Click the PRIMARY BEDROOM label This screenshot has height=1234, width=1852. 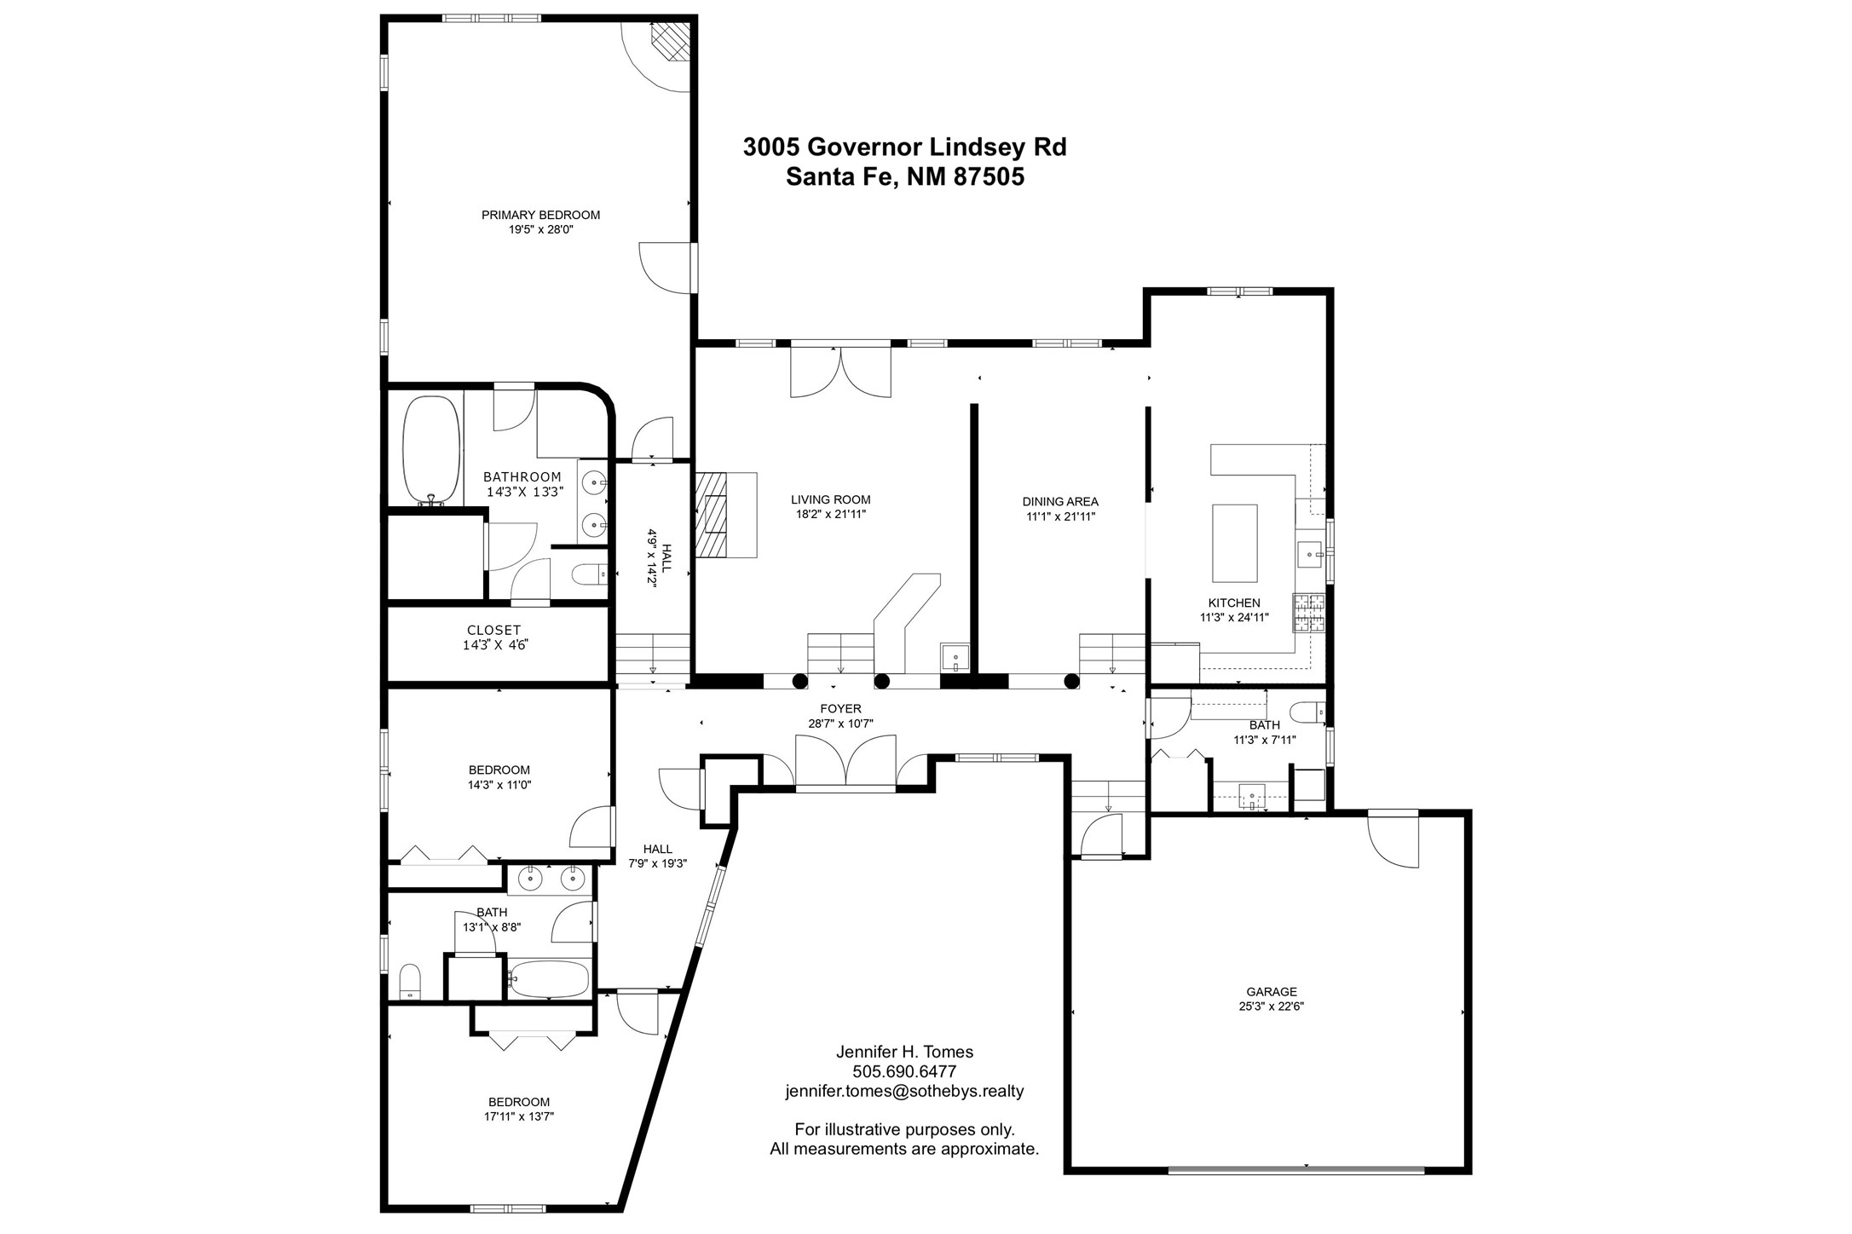pos(540,215)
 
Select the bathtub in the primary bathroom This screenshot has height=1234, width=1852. pos(431,451)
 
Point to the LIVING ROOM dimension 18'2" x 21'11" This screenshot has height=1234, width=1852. pos(830,515)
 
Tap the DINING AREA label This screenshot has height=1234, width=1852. pos(1060,502)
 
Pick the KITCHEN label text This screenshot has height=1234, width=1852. pos(1234,603)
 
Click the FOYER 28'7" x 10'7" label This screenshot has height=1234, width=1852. pos(840,716)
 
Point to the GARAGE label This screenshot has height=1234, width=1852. pos(1272,991)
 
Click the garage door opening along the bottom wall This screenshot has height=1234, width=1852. pos(1295,1170)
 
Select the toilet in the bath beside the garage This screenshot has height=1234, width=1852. pos(1308,711)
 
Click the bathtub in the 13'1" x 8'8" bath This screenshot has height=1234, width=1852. pos(550,979)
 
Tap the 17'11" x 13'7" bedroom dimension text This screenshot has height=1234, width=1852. pos(519,1116)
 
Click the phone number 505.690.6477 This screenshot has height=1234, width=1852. pos(904,1071)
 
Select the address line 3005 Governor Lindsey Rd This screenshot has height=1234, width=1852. pos(904,147)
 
